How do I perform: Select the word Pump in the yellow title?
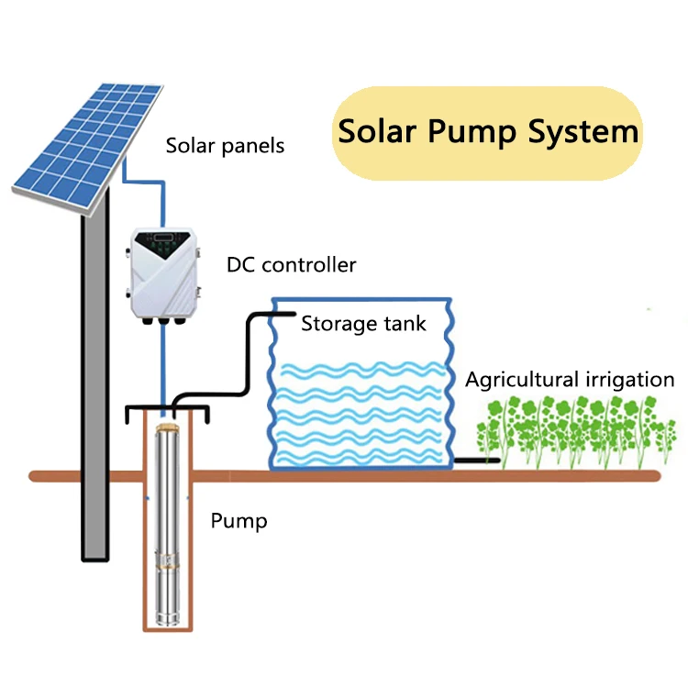click(x=473, y=133)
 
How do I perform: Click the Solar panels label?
click(x=225, y=146)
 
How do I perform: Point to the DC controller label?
click(x=291, y=265)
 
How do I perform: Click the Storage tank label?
click(x=363, y=324)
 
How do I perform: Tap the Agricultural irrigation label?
click(x=570, y=380)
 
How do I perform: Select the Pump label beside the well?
click(x=239, y=521)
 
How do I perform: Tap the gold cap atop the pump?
click(x=167, y=428)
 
